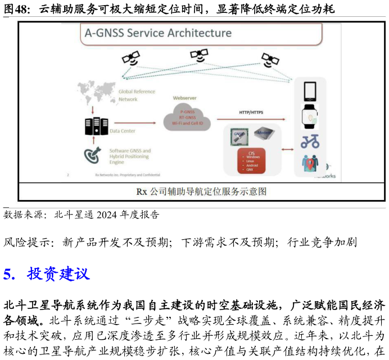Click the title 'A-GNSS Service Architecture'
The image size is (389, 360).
point(158,33)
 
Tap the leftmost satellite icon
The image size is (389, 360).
point(131,58)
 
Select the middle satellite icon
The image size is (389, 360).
point(199,54)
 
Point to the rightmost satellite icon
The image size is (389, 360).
point(270,60)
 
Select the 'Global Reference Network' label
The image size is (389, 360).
point(136,95)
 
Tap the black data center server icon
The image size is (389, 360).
point(96,126)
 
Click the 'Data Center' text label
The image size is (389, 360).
point(123,131)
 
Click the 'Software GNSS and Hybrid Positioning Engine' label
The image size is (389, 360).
point(130,156)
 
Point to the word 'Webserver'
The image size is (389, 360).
point(185,98)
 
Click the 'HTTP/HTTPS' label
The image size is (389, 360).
point(251,112)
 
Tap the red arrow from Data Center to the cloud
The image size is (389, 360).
point(138,123)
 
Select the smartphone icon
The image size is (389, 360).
point(310,92)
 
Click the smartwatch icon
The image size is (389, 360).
point(310,116)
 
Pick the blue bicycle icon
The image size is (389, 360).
point(310,141)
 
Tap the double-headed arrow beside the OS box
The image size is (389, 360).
point(287,149)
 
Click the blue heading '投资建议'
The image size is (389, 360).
point(58,275)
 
